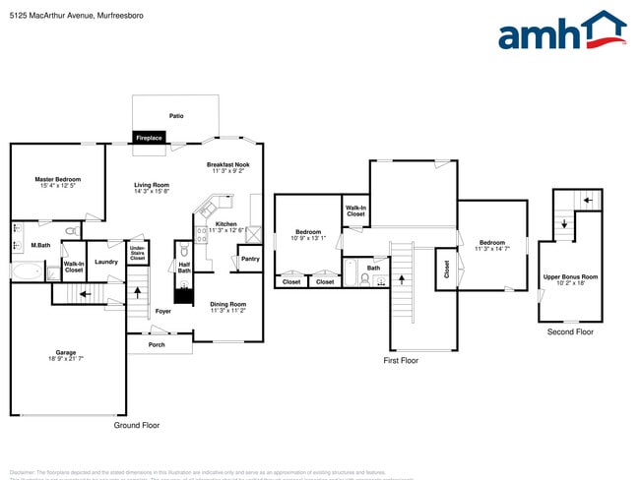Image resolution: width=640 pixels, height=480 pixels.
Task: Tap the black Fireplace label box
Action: (x=149, y=138)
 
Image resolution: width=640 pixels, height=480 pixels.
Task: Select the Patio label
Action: (x=175, y=116)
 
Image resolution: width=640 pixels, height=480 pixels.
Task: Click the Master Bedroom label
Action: (x=58, y=183)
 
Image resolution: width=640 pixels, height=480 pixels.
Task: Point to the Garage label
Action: (x=67, y=356)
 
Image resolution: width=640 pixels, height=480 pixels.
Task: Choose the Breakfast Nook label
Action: (x=227, y=167)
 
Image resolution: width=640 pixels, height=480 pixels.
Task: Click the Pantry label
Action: (x=250, y=259)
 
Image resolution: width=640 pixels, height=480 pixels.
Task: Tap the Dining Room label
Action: (x=227, y=308)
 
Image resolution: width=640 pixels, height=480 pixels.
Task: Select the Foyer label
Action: (x=162, y=312)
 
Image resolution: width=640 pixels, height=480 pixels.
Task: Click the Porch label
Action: (x=157, y=344)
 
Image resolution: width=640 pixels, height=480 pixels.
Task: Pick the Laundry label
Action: (x=106, y=262)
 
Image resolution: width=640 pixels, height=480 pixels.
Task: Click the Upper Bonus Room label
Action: (x=570, y=280)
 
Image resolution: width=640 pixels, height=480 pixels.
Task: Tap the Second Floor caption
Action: (x=570, y=332)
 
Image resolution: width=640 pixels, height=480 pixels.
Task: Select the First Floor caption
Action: (x=401, y=361)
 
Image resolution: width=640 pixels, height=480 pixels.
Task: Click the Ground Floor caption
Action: (x=137, y=425)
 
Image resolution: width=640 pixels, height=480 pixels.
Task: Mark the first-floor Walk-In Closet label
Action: (x=355, y=210)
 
